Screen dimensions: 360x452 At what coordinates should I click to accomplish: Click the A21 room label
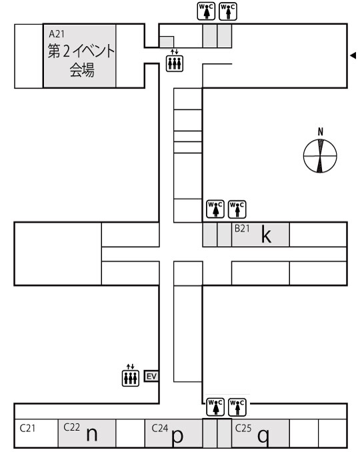[57, 34]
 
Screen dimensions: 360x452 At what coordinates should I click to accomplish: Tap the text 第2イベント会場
[81, 60]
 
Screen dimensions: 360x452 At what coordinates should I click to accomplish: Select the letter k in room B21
[266, 234]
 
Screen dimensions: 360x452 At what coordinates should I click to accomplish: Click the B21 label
[242, 228]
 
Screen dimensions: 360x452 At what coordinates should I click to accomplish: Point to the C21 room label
[28, 428]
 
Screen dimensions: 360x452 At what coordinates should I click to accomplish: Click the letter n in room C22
[92, 434]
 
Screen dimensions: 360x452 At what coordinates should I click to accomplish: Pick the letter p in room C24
[177, 437]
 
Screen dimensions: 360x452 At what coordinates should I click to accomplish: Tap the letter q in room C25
[263, 437]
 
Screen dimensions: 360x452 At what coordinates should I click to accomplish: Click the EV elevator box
[151, 376]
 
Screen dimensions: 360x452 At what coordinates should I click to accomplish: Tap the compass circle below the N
[320, 156]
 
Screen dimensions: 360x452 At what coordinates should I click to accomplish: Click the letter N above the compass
[320, 132]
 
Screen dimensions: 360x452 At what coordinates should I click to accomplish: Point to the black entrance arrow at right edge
[353, 55]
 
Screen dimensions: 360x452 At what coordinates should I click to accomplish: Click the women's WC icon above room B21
[215, 209]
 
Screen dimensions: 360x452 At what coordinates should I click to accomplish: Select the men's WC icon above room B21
[237, 209]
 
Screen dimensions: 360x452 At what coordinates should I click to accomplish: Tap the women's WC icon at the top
[206, 11]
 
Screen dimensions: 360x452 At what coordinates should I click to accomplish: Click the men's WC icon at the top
[228, 11]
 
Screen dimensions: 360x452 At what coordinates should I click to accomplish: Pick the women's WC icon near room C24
[215, 407]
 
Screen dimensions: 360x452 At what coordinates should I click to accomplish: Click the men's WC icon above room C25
[237, 407]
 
